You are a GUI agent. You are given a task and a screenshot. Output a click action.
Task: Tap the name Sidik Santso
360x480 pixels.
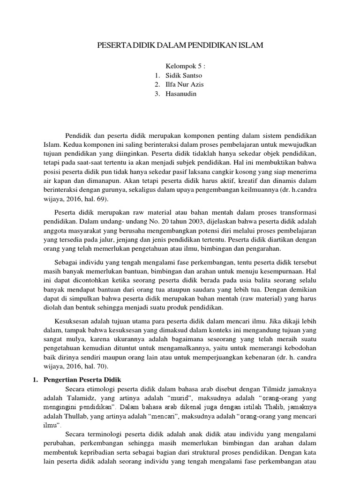pos(184,75)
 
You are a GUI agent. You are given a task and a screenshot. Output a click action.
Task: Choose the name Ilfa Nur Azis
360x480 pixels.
pos(185,84)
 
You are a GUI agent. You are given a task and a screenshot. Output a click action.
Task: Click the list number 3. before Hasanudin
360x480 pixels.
pos(157,94)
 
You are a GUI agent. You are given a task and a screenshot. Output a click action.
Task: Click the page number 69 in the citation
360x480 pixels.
pos(98,199)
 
